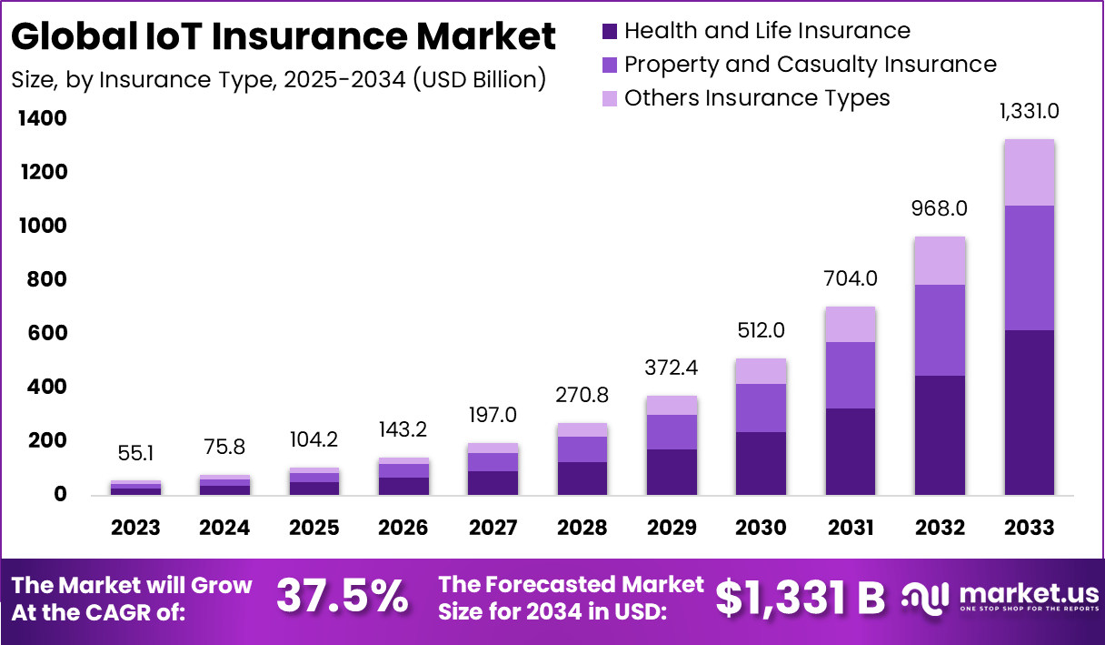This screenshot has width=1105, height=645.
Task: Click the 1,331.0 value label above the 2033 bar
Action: pyautogui.click(x=1029, y=113)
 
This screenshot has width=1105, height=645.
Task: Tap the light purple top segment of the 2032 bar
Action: pyautogui.click(x=940, y=261)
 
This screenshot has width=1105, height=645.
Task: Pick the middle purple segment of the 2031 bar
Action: pyautogui.click(x=851, y=375)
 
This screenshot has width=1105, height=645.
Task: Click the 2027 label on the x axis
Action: pyautogui.click(x=493, y=528)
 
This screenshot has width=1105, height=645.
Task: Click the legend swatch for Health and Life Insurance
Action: pyautogui.click(x=610, y=31)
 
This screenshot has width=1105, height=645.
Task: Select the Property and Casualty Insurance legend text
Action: pyautogui.click(x=810, y=65)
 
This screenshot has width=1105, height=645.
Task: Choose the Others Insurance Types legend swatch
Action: pyautogui.click(x=610, y=98)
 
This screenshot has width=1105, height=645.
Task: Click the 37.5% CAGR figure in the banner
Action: pyautogui.click(x=342, y=597)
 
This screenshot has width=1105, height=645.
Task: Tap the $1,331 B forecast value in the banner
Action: pyautogui.click(x=800, y=597)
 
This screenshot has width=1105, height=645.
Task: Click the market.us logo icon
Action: pyautogui.click(x=926, y=597)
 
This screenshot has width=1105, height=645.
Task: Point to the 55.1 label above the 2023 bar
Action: pyautogui.click(x=136, y=452)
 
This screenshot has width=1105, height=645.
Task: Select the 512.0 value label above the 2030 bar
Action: pyautogui.click(x=762, y=329)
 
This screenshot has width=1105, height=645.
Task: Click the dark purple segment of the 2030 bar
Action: pyautogui.click(x=762, y=463)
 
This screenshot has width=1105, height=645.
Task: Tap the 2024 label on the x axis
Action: pyautogui.click(x=225, y=528)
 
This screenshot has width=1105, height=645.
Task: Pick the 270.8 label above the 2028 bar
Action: pyautogui.click(x=582, y=396)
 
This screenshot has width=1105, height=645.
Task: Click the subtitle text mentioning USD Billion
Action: pyautogui.click(x=278, y=79)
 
